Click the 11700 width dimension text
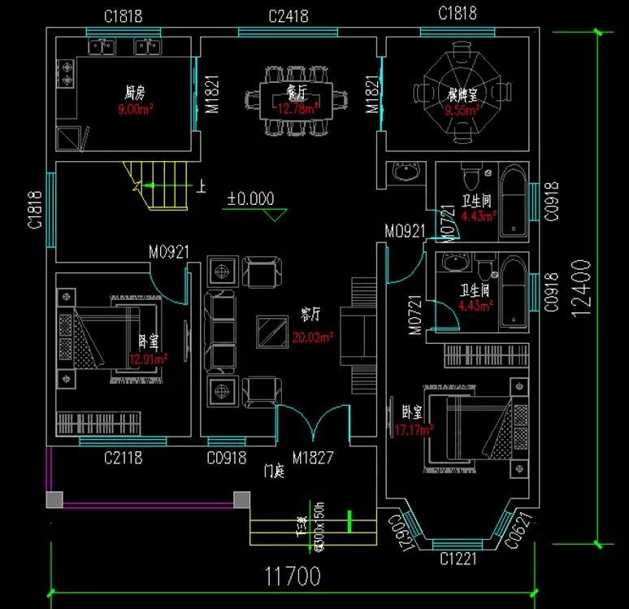(293, 577)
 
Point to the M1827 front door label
(313, 459)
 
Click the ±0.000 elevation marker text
(250, 198)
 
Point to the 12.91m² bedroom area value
(148, 358)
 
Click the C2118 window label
(123, 459)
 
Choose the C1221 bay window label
(458, 559)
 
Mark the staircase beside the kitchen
(158, 185)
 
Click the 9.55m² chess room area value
(462, 109)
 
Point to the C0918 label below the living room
(227, 459)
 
